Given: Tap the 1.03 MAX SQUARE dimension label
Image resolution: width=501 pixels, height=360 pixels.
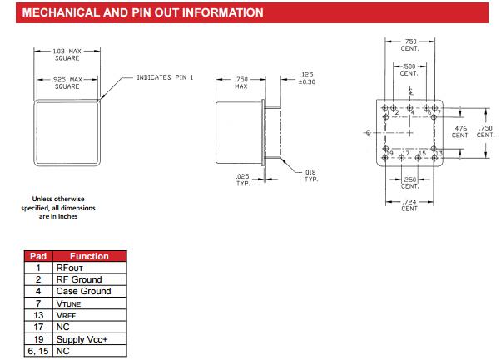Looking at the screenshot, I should pyautogui.click(x=67, y=55).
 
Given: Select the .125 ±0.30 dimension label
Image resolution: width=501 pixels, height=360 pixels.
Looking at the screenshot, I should pyautogui.click(x=307, y=78).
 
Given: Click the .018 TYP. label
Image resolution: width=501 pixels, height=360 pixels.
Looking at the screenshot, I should pyautogui.click(x=311, y=176).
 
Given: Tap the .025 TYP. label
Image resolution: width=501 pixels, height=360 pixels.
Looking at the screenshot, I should pyautogui.click(x=243, y=180).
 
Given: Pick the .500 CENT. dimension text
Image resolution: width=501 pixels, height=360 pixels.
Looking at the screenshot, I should pyautogui.click(x=409, y=70).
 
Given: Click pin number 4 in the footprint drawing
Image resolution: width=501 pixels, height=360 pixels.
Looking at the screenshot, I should pyautogui.click(x=414, y=112).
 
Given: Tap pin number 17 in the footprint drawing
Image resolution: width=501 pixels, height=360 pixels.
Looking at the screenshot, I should pyautogui.click(x=406, y=154).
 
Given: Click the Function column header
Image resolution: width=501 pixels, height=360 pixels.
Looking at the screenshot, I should pyautogui.click(x=89, y=256).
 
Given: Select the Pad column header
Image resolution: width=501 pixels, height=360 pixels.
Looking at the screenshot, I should pyautogui.click(x=37, y=256).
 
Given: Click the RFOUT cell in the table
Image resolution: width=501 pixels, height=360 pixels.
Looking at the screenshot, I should pyautogui.click(x=71, y=269).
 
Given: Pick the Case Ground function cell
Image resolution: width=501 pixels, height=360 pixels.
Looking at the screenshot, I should pyautogui.click(x=83, y=292).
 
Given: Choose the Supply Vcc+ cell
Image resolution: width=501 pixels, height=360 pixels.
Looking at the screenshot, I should pyautogui.click(x=83, y=339).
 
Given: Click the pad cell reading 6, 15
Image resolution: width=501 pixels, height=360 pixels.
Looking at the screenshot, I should pyautogui.click(x=37, y=351).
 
